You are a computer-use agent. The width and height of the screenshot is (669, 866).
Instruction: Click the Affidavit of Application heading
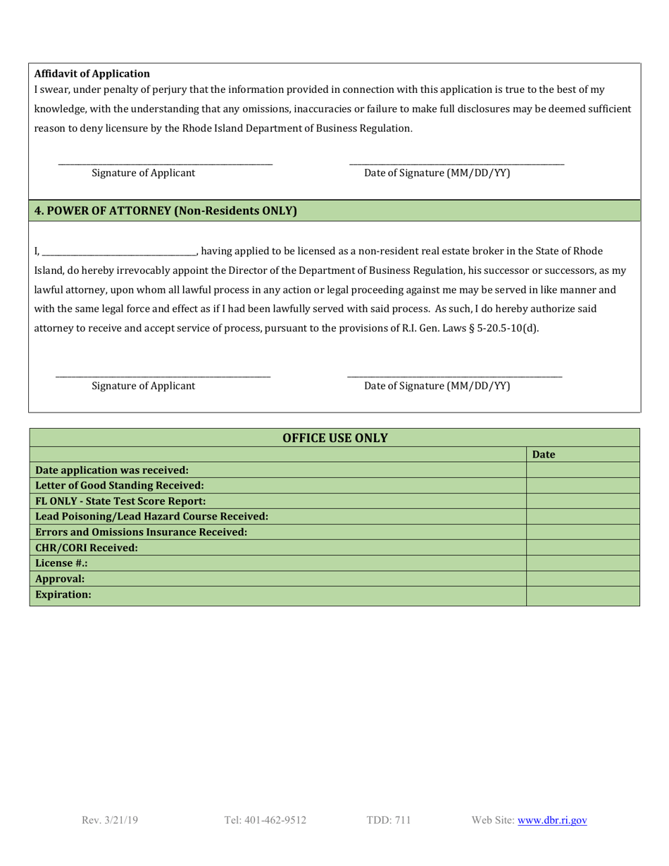coord(92,73)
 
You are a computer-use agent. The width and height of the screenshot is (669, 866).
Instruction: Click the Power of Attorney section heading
coord(165,211)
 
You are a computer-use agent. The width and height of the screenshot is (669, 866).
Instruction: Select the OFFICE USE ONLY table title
coord(334,438)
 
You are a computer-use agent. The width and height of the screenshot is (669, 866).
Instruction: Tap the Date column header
coord(544,455)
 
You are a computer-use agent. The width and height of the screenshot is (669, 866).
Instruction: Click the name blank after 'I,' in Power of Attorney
coord(119,251)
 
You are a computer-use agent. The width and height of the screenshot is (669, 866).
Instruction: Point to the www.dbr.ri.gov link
coord(552,820)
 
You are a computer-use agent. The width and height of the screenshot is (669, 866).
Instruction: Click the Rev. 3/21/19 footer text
coord(110,820)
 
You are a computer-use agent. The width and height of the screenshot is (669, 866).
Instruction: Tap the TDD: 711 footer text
coord(389,820)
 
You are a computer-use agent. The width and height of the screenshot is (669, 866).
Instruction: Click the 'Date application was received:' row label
coord(112,470)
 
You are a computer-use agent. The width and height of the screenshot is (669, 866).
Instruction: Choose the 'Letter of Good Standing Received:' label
coord(120,486)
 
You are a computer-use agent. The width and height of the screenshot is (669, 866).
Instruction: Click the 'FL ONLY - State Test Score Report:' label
coord(120,501)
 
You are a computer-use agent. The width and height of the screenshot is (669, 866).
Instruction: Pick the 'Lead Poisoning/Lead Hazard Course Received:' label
coord(151,517)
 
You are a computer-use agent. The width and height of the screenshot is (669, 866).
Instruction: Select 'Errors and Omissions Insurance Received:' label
coord(141,532)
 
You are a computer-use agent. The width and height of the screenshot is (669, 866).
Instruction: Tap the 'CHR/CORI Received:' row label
coord(87,548)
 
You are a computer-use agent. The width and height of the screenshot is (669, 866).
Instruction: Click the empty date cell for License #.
coord(582,563)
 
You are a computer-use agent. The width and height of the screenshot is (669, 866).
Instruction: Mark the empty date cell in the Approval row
coord(582,579)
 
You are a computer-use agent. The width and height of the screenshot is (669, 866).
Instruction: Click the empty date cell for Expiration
coord(582,595)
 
